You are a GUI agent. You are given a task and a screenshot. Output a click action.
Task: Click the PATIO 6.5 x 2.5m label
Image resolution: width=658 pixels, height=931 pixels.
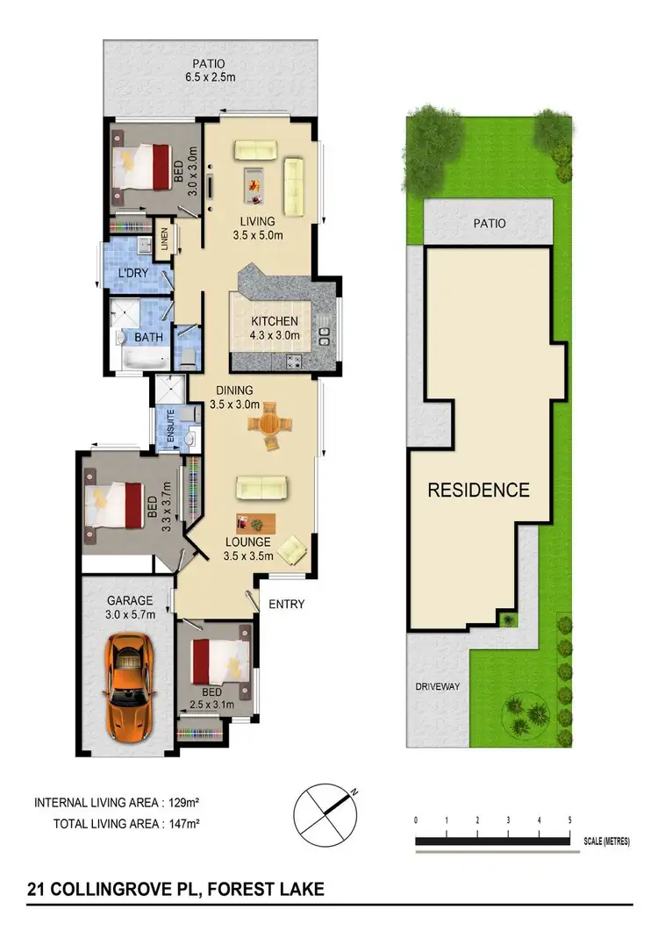pyautogui.click(x=210, y=69)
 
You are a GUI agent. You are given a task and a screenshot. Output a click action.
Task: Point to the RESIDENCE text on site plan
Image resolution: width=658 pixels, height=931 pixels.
pyautogui.click(x=478, y=490)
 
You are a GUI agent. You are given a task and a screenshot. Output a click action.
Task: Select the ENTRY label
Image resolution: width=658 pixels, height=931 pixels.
pyautogui.click(x=286, y=604)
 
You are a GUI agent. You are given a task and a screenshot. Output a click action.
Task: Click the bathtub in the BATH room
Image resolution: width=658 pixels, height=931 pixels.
pyautogui.click(x=143, y=358)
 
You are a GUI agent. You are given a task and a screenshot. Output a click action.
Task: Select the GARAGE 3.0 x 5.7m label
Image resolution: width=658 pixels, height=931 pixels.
pyautogui.click(x=131, y=607)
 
